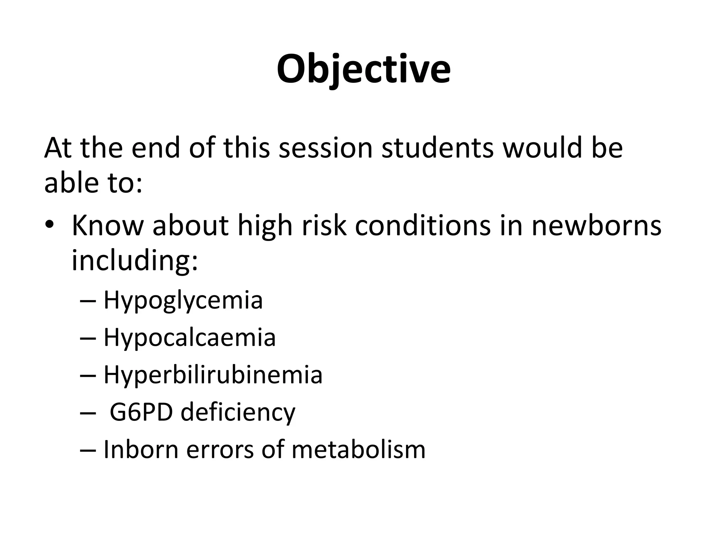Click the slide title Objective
click(x=364, y=69)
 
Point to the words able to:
click(x=93, y=183)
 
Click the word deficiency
click(x=238, y=412)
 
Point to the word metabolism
click(x=358, y=449)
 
